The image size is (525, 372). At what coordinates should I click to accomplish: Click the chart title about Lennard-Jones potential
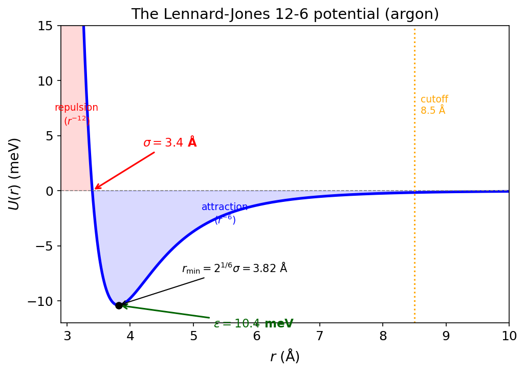click(285, 14)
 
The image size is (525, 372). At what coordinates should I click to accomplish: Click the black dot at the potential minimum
click(119, 305)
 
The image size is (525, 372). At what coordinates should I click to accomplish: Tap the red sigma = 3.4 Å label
click(170, 142)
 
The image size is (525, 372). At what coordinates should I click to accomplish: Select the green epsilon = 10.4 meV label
click(253, 324)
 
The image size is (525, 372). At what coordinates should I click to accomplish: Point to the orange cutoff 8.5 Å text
click(434, 105)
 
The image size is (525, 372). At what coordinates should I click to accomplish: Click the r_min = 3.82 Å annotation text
click(234, 268)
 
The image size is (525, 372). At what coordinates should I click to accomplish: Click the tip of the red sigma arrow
click(95, 189)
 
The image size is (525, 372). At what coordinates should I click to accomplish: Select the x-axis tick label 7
click(320, 336)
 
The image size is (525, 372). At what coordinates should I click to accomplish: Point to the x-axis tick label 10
click(509, 336)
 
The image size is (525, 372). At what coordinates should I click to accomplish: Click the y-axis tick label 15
click(49, 26)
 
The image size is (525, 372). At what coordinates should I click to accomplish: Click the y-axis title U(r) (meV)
click(14, 174)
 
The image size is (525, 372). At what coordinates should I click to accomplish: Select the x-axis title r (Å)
click(285, 357)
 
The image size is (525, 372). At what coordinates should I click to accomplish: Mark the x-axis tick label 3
click(67, 336)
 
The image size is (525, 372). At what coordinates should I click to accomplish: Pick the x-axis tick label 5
click(193, 336)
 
